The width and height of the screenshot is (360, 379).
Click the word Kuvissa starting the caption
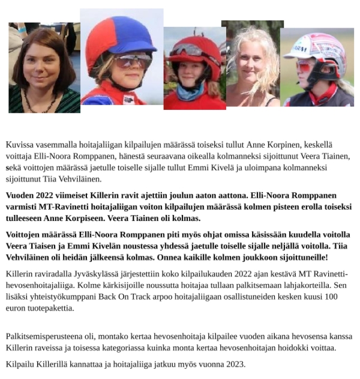[x=20, y=145]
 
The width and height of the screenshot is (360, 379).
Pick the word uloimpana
[x=247, y=168]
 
